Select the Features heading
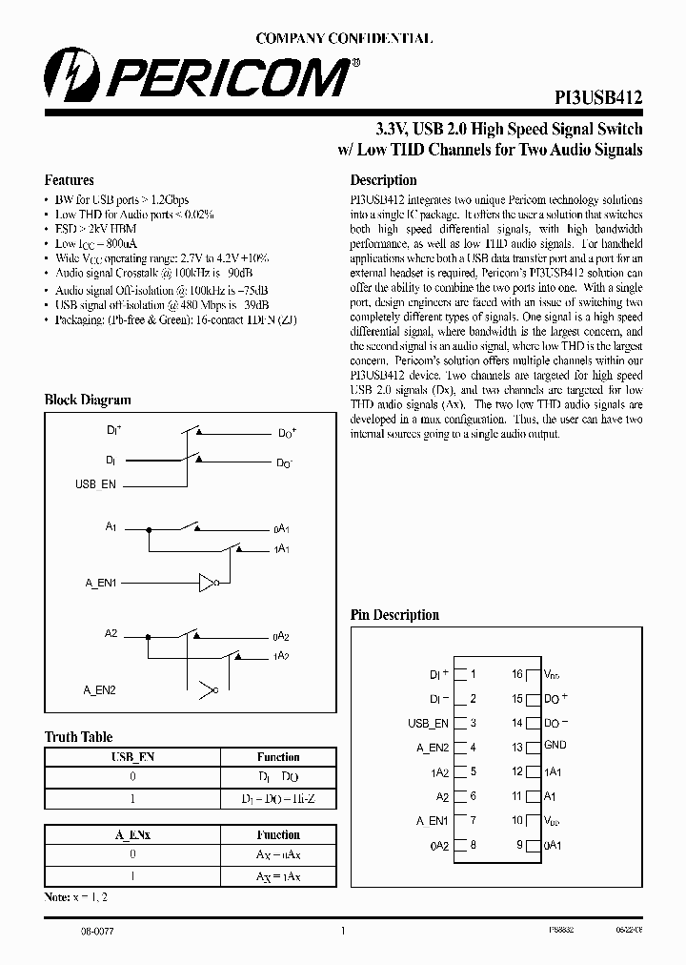click(x=70, y=180)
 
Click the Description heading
click(x=383, y=180)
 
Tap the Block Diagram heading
click(x=88, y=400)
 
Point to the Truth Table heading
click(x=78, y=737)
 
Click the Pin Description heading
click(x=394, y=615)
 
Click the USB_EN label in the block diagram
click(x=95, y=484)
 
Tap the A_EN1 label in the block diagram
click(x=100, y=581)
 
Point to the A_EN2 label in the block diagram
click(x=100, y=688)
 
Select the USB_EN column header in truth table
click(x=133, y=757)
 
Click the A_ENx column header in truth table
click(x=133, y=834)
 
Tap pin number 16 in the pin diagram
click(x=517, y=674)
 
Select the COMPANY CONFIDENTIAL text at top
click(x=344, y=39)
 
